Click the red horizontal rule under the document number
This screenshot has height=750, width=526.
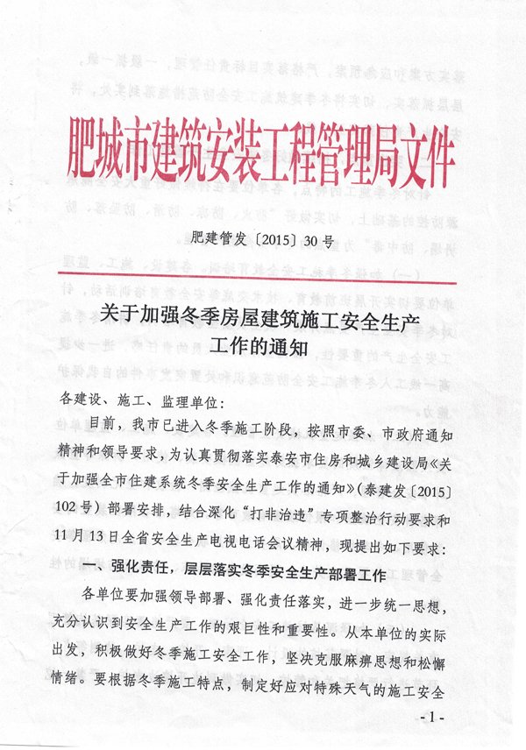pyautogui.click(x=263, y=282)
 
